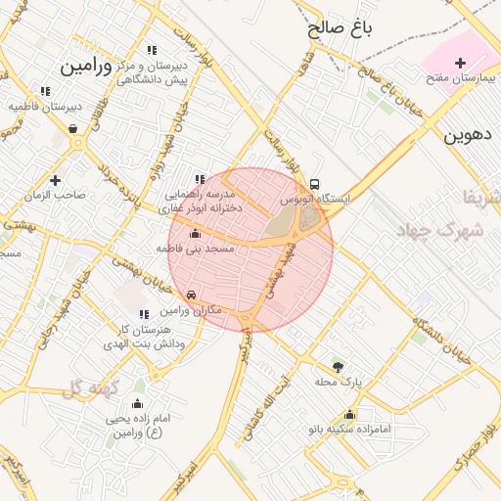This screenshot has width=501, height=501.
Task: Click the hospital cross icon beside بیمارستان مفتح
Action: [x=460, y=63]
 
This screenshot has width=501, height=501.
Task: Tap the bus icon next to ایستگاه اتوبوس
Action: [x=314, y=184]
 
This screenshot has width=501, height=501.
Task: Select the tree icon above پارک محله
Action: [x=339, y=367]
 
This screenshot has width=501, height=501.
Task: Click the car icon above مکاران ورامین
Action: [x=192, y=295]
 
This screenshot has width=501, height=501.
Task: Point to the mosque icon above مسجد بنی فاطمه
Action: [x=195, y=234]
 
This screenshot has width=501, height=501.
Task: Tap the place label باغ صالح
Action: [x=340, y=28]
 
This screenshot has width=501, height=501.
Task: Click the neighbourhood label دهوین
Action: [x=472, y=135]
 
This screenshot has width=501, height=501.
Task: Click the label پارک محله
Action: [x=339, y=382]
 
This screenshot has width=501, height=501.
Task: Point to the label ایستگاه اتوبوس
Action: [x=315, y=199]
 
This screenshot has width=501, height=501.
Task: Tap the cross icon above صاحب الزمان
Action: [x=55, y=180]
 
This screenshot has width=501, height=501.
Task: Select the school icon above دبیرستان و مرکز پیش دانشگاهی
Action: [x=152, y=50]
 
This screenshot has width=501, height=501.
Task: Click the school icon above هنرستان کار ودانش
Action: [x=144, y=314]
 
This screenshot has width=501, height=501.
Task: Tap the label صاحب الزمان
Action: [x=56, y=195]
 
